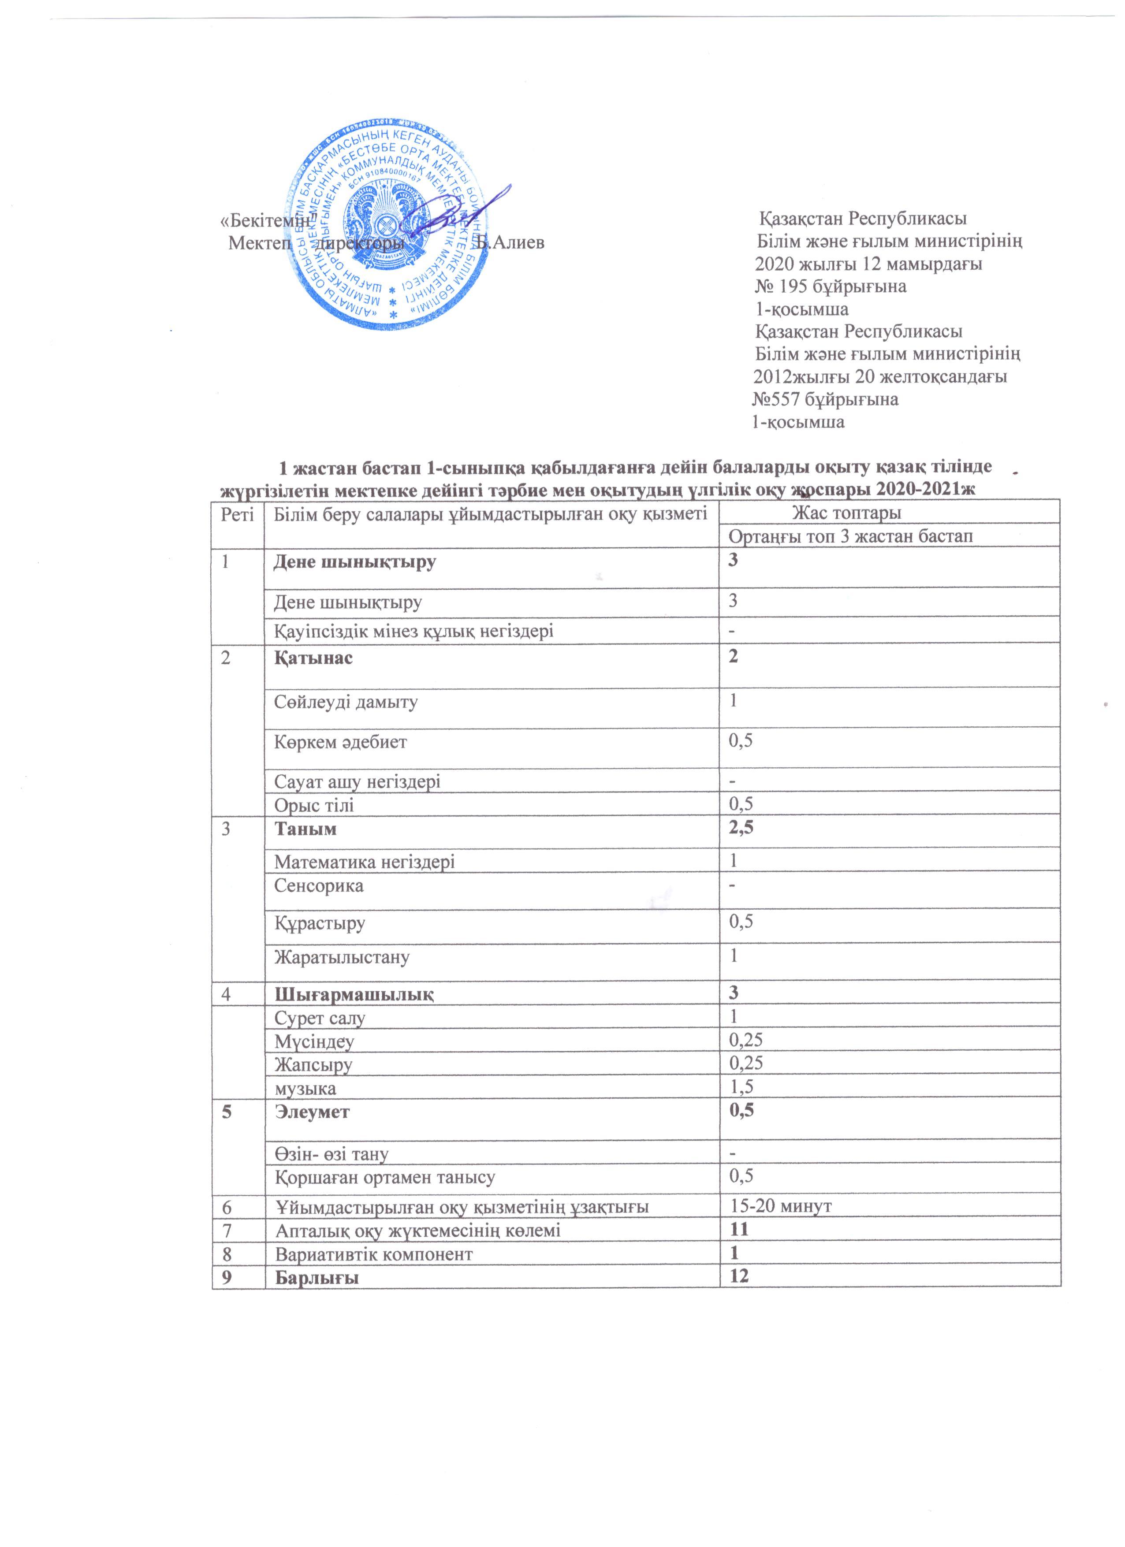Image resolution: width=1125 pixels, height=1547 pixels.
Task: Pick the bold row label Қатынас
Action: (x=314, y=658)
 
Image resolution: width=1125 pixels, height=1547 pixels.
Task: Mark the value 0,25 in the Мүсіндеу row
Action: (x=746, y=1040)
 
